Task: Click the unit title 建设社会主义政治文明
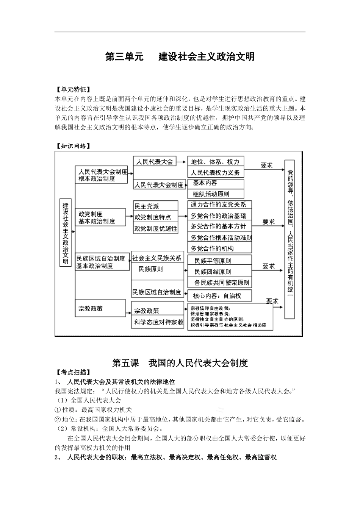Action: coord(207,57)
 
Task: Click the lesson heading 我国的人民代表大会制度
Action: coord(198,363)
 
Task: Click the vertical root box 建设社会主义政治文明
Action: coord(66,232)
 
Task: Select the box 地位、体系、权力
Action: coord(216,162)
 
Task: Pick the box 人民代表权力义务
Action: coord(216,173)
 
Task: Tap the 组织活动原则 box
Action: coord(216,194)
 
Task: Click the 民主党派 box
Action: coord(155,206)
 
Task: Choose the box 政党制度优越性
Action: coord(155,228)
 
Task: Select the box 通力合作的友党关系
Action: coord(219,205)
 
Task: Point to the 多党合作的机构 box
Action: coord(219,248)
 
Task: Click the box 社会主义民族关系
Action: coord(157,258)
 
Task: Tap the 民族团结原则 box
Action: coord(219,272)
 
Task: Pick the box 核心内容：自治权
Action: coord(219,295)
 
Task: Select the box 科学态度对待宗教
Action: coord(158,322)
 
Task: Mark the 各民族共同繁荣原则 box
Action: coord(219,283)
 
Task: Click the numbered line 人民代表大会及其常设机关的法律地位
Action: coord(121,381)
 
